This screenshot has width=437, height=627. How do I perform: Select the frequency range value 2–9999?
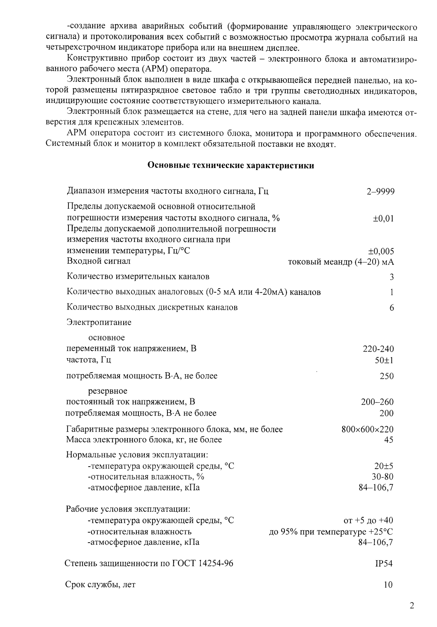pos(380,191)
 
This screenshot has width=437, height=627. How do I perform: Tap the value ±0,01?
pos(383,219)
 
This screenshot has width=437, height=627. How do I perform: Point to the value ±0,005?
pos(381,252)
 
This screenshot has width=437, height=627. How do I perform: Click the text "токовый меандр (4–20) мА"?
pos(341,262)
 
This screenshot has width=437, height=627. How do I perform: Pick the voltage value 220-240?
pos(378,349)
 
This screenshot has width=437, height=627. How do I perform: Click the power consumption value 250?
pos(386,376)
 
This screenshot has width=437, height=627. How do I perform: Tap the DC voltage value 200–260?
pos(377,402)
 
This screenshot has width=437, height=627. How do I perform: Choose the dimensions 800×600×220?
pos(367,429)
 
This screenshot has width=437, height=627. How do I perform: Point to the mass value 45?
pos(389,440)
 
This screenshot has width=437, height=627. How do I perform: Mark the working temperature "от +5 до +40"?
pos(368,521)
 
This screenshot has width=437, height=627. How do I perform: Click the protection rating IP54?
pos(383,563)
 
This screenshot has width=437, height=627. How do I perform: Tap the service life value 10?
pos(388,585)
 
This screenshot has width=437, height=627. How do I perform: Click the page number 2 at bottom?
pos(411,606)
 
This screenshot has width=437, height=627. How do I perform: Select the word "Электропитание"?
pos(99,322)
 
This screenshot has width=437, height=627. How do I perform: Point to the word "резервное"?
pos(107,391)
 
